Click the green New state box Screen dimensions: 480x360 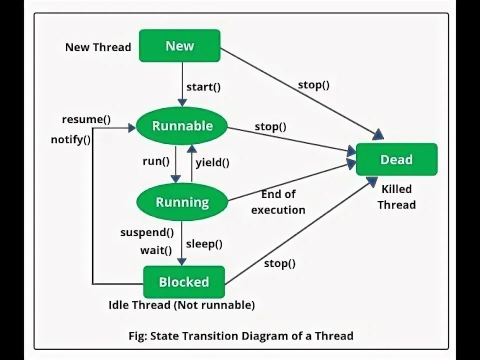click(x=179, y=45)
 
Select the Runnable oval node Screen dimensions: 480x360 click(x=182, y=126)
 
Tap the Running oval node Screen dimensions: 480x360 click(x=182, y=202)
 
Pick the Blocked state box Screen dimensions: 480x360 click(x=184, y=282)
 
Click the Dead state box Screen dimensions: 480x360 click(x=396, y=159)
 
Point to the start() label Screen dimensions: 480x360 click(x=203, y=87)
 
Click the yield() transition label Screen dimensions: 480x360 click(x=212, y=162)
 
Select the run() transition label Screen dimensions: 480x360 click(x=156, y=161)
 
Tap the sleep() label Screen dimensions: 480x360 click(x=204, y=244)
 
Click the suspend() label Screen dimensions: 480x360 click(x=147, y=232)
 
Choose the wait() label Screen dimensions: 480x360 click(x=156, y=250)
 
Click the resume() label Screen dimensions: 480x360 click(x=86, y=119)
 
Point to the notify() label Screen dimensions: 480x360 click(x=70, y=139)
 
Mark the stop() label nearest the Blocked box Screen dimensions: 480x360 click(x=280, y=263)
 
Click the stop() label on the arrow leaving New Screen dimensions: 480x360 click(x=314, y=85)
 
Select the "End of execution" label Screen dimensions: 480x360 click(x=278, y=202)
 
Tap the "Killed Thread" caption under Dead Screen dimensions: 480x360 click(x=396, y=197)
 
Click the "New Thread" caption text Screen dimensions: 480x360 click(x=98, y=47)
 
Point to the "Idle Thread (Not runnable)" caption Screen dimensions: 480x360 click(x=182, y=305)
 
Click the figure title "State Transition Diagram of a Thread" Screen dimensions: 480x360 click(x=252, y=336)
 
